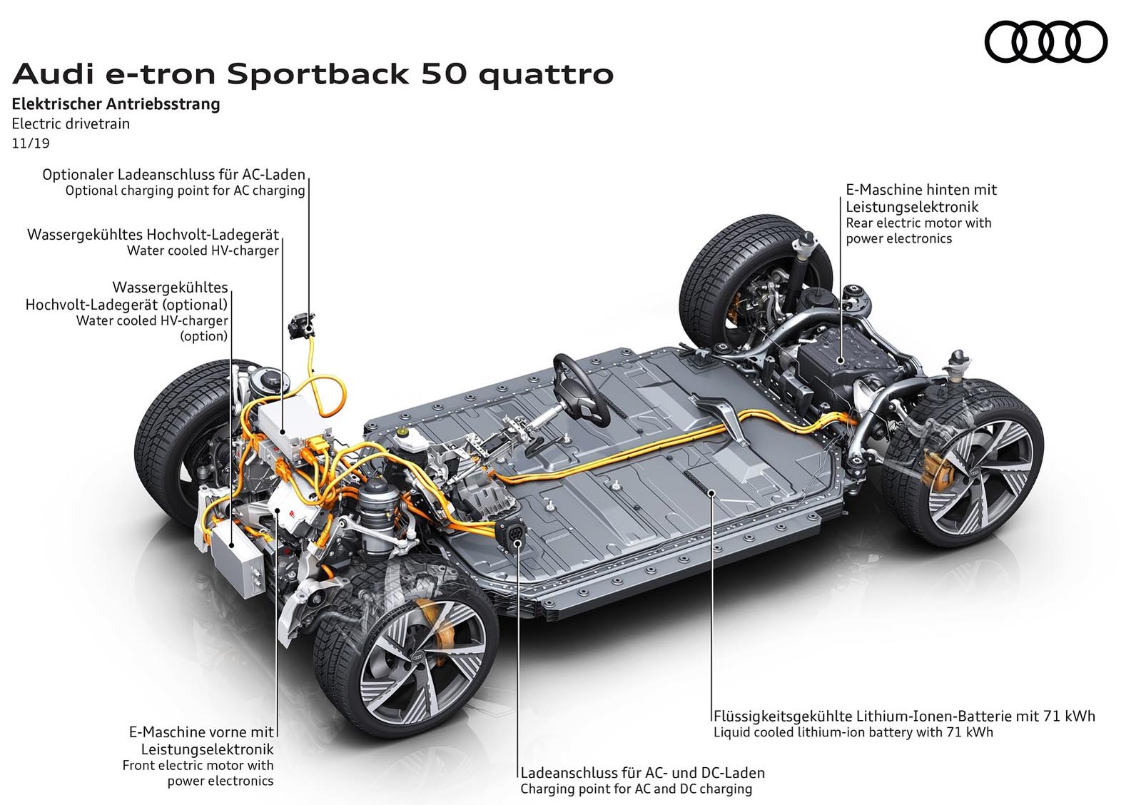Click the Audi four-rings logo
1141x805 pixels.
[x=1045, y=41]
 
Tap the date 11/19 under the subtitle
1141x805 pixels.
[x=31, y=143]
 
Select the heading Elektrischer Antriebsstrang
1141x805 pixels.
[x=116, y=104]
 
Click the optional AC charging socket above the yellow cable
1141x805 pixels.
[x=302, y=325]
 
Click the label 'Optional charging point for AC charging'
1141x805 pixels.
[x=185, y=191]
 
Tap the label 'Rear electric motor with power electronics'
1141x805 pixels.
[x=918, y=231]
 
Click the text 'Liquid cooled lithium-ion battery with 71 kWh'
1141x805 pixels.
[x=853, y=732]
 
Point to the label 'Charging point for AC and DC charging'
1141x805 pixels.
[x=636, y=789]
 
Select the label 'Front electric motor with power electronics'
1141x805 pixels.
[x=198, y=773]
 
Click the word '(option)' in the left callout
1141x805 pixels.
[x=203, y=336]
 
